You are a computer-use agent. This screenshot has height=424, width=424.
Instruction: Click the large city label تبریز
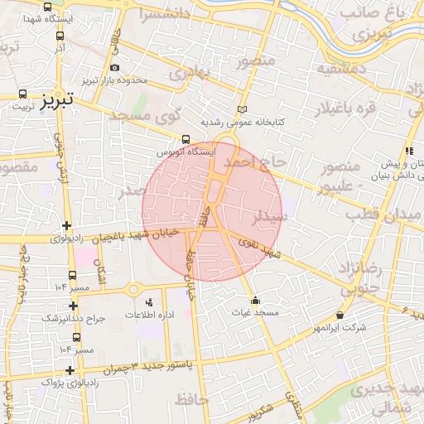pyautogui.click(x=57, y=97)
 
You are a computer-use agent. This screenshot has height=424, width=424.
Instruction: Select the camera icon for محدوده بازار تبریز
pyautogui.click(x=114, y=68)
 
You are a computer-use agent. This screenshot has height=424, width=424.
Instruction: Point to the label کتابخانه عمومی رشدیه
pyautogui.click(x=245, y=122)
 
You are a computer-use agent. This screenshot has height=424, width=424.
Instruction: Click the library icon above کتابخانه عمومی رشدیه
pyautogui.click(x=242, y=109)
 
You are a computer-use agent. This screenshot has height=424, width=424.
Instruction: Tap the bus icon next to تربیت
pyautogui.click(x=22, y=93)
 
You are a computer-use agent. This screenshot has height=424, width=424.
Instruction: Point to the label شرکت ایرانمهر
pyautogui.click(x=339, y=328)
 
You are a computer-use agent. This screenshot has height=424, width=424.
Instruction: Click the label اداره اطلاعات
pyautogui.click(x=150, y=316)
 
